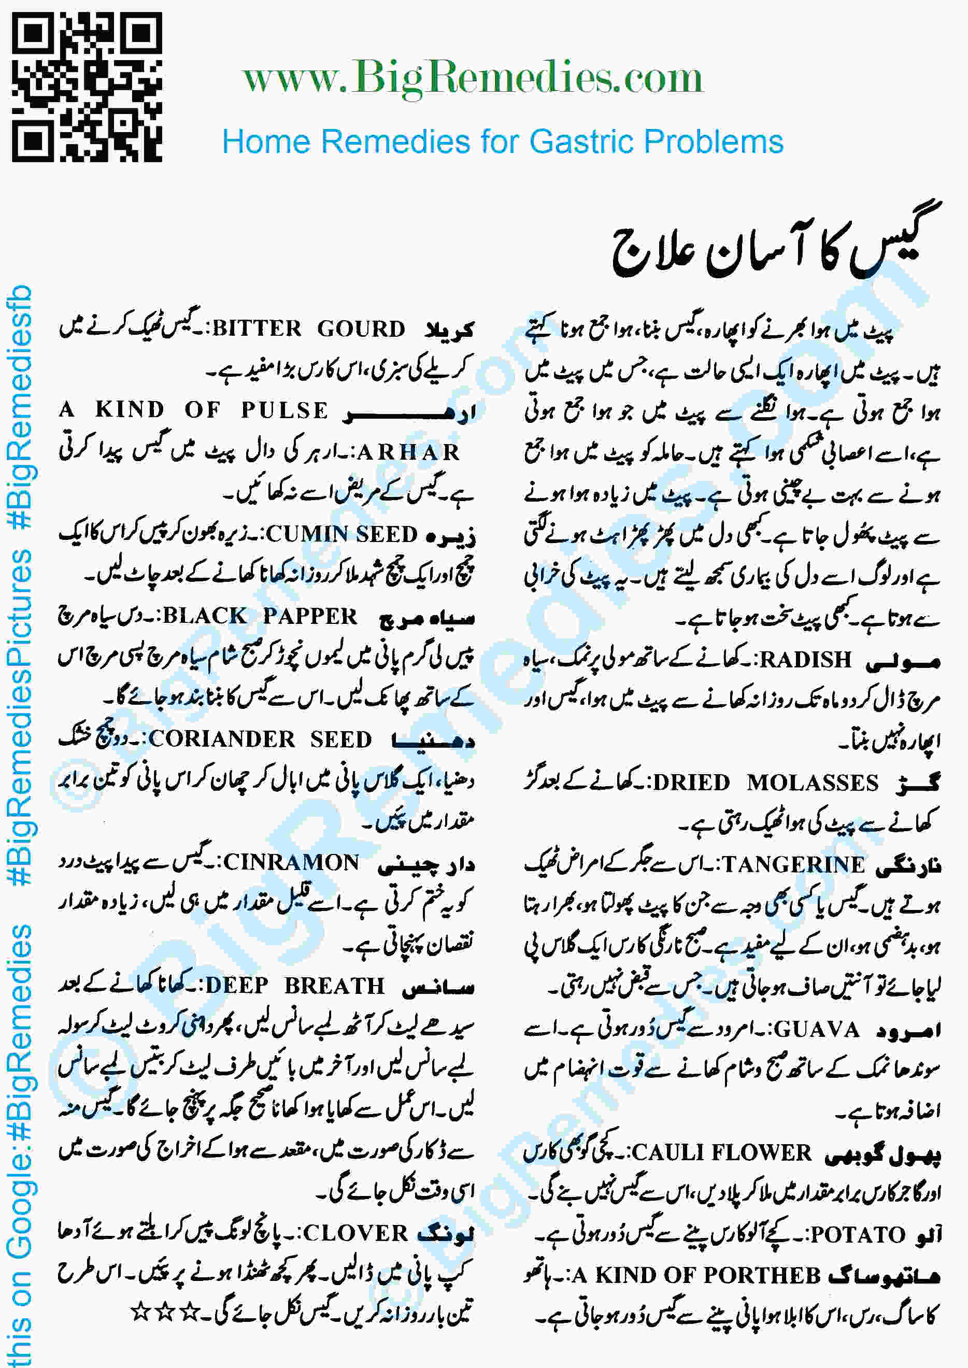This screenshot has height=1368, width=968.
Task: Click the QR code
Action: point(87,87)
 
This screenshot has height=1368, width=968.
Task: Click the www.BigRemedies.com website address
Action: point(472,78)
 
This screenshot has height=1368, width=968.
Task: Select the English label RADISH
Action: point(805,660)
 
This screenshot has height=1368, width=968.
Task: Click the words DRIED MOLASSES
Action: point(766,782)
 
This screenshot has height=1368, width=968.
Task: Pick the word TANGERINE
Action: point(793,864)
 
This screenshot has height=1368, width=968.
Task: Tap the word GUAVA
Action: point(817,1030)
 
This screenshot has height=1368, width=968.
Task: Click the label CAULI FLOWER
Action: point(721,1153)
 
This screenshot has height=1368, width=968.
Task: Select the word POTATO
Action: point(858,1234)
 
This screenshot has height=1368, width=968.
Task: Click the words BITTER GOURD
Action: point(309,329)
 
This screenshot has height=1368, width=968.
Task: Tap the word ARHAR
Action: point(408,452)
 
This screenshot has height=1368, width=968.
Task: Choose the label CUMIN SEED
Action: point(341,534)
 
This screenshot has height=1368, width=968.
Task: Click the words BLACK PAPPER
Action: point(260,616)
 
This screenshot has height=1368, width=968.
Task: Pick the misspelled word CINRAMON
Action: point(291,862)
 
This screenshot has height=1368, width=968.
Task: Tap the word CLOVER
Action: point(355,1233)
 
